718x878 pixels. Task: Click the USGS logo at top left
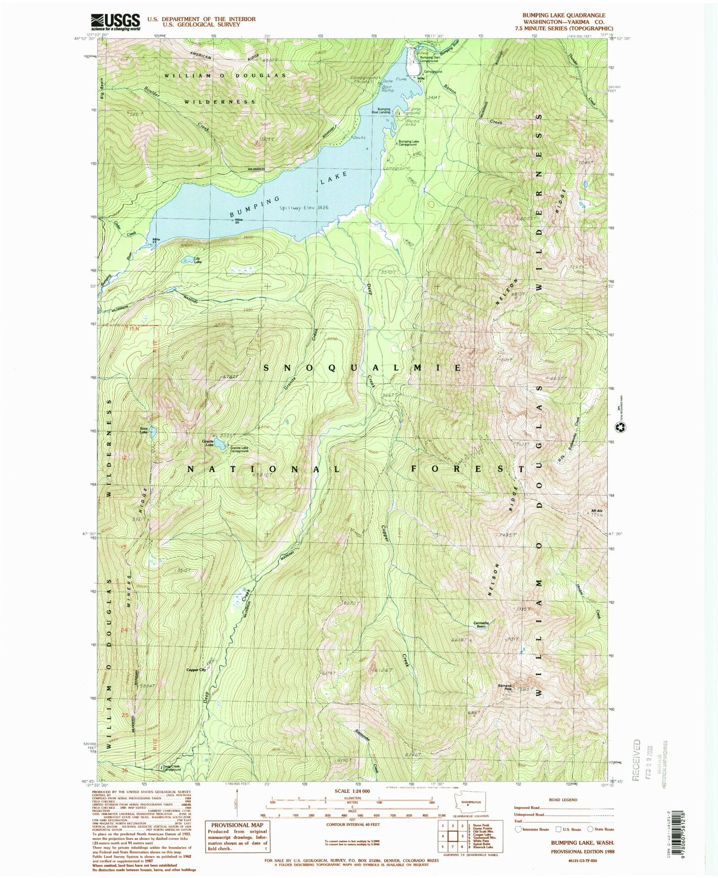click(x=115, y=22)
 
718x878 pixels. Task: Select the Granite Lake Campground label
click(x=239, y=449)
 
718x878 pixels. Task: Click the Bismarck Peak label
click(x=504, y=688)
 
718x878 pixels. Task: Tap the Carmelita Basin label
click(x=481, y=625)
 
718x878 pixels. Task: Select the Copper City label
click(x=196, y=670)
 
